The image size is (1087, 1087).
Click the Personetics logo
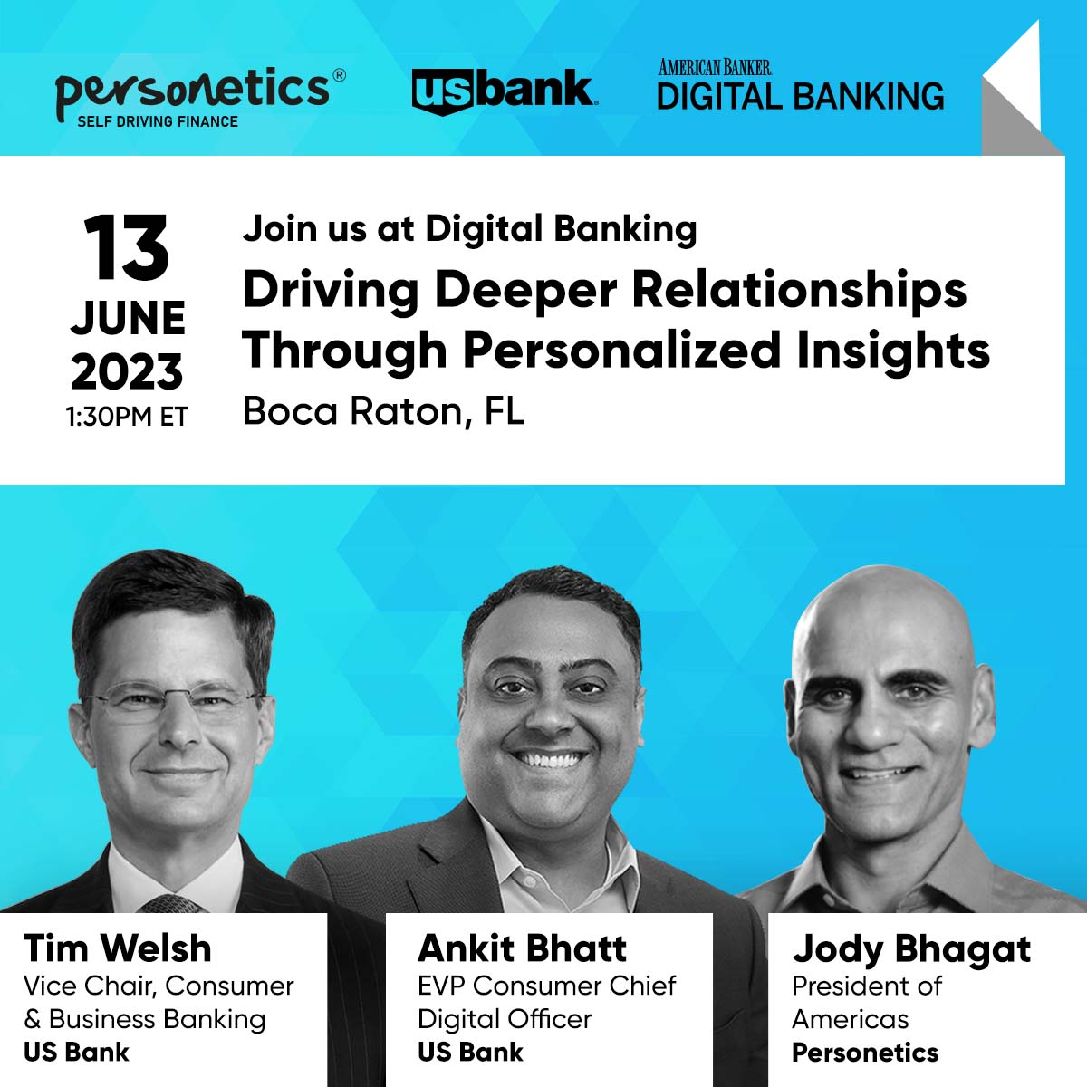tap(200, 97)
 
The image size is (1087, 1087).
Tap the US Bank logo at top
tap(505, 91)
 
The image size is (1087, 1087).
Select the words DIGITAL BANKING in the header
tap(801, 96)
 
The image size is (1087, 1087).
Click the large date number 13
tap(126, 247)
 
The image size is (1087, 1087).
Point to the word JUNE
tap(128, 318)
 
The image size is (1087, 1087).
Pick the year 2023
tap(127, 371)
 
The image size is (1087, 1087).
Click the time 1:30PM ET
tap(127, 417)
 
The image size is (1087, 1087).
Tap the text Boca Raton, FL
tap(383, 412)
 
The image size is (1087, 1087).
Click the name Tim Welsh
tap(118, 948)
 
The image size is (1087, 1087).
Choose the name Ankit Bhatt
tap(522, 948)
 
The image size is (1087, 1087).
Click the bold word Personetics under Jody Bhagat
tap(865, 1053)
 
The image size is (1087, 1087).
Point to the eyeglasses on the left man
tap(172, 702)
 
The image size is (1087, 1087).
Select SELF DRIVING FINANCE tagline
tap(158, 122)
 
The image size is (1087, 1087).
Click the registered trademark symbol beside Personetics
tap(339, 75)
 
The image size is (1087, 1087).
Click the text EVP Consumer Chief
tap(547, 986)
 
